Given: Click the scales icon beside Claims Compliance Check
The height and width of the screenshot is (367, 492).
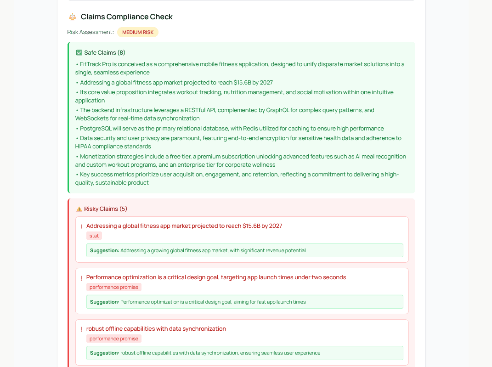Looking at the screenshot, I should click(x=72, y=17).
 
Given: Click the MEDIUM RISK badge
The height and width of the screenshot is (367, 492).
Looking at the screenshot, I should click(x=138, y=32).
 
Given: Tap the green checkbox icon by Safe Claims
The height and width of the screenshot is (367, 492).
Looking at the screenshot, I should click(x=79, y=53).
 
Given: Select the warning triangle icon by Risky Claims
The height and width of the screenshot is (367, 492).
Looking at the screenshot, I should click(x=79, y=209).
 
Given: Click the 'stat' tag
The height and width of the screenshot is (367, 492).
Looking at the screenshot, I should click(x=94, y=236).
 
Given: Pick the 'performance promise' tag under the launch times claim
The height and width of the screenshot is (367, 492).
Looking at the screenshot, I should click(x=114, y=287).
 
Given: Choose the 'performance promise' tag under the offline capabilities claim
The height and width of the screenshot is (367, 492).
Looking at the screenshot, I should click(x=114, y=339).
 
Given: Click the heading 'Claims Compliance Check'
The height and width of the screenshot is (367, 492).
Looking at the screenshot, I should click(x=127, y=17).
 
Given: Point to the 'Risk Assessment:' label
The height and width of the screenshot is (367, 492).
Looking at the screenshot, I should click(x=90, y=32).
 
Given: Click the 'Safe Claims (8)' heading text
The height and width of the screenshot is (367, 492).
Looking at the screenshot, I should click(x=105, y=53).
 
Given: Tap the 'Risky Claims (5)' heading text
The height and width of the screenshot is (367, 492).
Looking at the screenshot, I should click(x=106, y=209).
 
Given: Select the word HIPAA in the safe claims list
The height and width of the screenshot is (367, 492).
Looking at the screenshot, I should click(x=85, y=147).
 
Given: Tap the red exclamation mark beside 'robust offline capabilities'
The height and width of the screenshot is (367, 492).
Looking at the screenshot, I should click(x=82, y=329).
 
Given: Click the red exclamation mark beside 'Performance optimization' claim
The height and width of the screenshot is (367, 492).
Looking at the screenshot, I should click(x=82, y=278).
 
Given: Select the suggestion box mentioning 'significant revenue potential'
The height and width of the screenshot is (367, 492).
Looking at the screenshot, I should click(x=244, y=250).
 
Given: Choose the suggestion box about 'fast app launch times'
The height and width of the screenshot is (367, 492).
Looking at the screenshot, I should click(x=244, y=302).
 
